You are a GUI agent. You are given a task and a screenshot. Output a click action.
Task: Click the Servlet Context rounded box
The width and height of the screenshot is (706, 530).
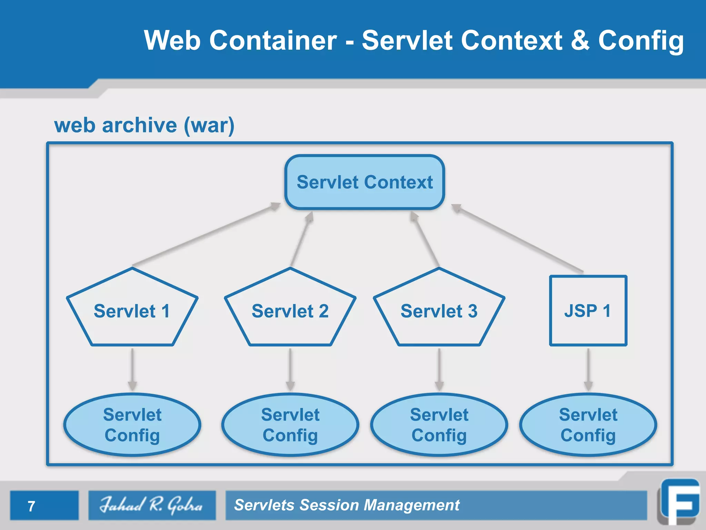point(364,182)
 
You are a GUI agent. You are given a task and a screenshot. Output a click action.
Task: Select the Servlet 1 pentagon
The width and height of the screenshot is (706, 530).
point(132,311)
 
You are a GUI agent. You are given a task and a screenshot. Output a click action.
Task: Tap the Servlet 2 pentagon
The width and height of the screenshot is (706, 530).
point(290,311)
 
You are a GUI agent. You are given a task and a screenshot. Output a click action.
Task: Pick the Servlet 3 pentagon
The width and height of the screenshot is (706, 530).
point(439,311)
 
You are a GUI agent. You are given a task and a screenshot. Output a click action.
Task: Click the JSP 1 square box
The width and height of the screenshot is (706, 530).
point(588,311)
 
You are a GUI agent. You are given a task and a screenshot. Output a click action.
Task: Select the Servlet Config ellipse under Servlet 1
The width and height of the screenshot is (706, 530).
point(132,425)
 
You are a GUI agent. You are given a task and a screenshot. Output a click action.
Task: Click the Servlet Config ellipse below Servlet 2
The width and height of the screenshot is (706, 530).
point(290,425)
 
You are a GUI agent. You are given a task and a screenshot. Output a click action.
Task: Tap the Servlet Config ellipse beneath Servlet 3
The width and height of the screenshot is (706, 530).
point(439,425)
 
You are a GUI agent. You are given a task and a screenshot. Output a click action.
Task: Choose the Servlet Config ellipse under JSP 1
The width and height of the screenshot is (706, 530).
point(588,425)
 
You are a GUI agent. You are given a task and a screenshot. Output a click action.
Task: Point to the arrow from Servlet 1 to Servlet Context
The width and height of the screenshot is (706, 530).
point(206,235)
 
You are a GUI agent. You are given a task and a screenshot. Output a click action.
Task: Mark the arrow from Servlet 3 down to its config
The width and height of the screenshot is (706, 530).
point(439,369)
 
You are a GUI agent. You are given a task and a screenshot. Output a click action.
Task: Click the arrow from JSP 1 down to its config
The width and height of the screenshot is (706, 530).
point(588,369)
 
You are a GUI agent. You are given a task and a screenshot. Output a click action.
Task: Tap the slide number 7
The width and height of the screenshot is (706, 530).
point(31,506)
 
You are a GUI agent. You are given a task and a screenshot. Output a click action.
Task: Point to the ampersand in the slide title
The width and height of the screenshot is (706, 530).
point(580,40)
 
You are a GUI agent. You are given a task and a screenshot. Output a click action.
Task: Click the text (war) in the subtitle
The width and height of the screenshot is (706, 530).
point(209,125)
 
